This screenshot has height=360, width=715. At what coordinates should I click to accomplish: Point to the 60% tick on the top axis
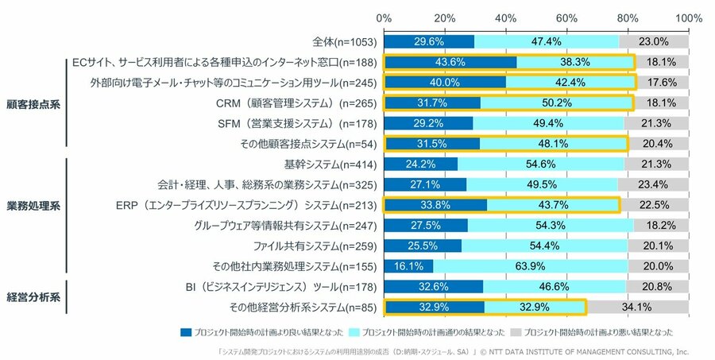pyautogui.click(x=566, y=17)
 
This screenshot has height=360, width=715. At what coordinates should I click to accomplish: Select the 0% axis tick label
pyautogui.click(x=384, y=17)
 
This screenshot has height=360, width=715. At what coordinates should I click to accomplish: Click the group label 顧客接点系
pyautogui.click(x=33, y=103)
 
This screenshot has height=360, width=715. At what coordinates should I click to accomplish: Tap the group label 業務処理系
pyautogui.click(x=33, y=205)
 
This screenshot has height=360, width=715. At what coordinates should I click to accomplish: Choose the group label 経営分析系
pyautogui.click(x=33, y=296)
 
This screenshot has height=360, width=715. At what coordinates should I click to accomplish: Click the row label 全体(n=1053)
pyautogui.click(x=345, y=41)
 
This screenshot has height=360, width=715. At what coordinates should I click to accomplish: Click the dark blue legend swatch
pyautogui.click(x=186, y=331)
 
